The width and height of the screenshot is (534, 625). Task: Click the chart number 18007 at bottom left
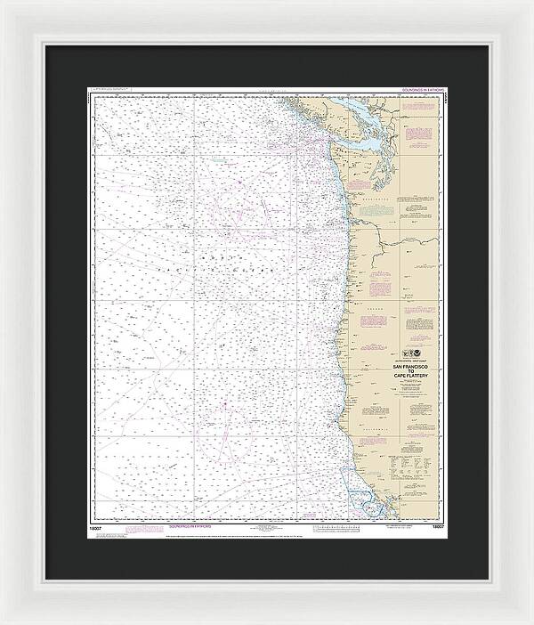(95, 527)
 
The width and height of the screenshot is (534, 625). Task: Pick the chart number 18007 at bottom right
(436, 527)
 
